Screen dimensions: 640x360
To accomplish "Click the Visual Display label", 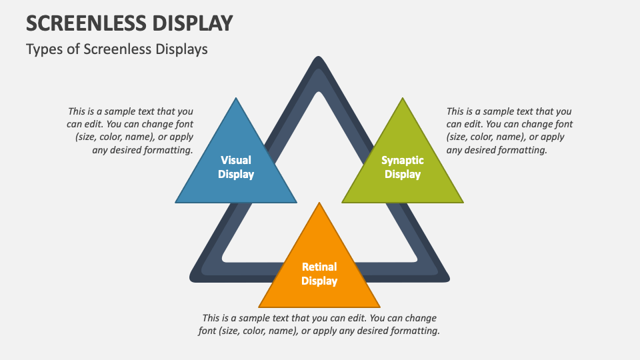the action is pos(236,167).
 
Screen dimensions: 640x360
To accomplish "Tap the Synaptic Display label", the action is pos(403,167).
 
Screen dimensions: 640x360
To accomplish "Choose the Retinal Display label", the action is pos(319,274).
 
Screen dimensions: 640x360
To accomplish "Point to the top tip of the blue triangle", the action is pos(236,99).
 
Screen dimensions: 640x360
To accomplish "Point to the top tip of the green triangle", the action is pos(403,99).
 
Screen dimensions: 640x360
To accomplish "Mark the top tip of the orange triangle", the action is pos(319,203).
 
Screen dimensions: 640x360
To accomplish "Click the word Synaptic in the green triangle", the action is pos(403,160).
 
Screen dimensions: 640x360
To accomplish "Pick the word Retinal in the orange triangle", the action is pos(319,267).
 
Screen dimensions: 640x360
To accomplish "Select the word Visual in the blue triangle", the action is pos(236,160).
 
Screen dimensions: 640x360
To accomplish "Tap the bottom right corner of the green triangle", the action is pos(462,201).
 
